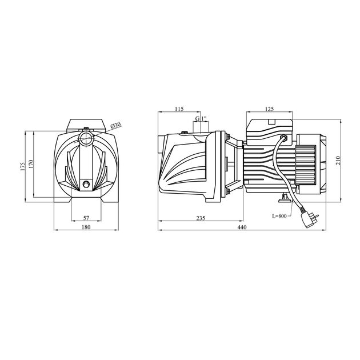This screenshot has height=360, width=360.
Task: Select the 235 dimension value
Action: [201, 218]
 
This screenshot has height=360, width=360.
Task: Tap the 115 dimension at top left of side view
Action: [179, 109]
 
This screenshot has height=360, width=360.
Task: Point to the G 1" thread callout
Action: [201, 118]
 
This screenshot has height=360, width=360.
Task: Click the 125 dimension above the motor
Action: [270, 109]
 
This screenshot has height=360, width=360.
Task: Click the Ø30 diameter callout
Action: [114, 125]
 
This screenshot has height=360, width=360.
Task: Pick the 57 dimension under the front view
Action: [86, 218]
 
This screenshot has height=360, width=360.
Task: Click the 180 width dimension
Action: [86, 228]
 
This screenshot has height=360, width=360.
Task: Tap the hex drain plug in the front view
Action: [86, 184]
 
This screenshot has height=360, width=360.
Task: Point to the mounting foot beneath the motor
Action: [283, 198]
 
